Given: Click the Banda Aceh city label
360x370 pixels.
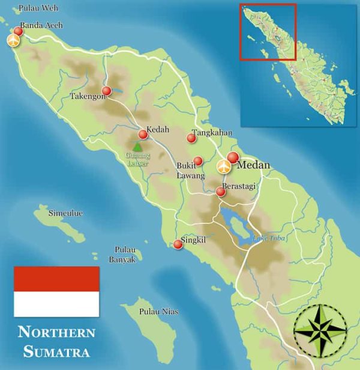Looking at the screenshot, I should (x=41, y=26).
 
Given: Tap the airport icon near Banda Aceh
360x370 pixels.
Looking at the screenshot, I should (x=13, y=40).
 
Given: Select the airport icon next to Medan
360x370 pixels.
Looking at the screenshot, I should (x=224, y=166).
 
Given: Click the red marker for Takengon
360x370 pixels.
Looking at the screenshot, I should (x=106, y=91).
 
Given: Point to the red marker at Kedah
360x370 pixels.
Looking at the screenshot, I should (x=143, y=135).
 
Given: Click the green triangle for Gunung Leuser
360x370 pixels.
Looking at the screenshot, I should (x=137, y=146).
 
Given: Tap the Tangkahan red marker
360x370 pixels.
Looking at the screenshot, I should (x=191, y=138).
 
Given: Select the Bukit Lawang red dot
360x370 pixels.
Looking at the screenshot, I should (x=198, y=161).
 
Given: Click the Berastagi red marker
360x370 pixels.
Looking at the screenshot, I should (x=220, y=192).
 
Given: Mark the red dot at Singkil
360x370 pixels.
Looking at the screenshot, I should (x=178, y=244).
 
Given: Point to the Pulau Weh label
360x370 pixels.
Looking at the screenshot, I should (x=38, y=8).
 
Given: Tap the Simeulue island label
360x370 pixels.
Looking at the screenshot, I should (x=66, y=213).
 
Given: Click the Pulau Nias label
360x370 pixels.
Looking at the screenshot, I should (x=158, y=311).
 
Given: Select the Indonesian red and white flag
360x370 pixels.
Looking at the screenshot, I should (x=56, y=291).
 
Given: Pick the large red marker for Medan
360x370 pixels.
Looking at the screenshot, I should (x=233, y=157).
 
